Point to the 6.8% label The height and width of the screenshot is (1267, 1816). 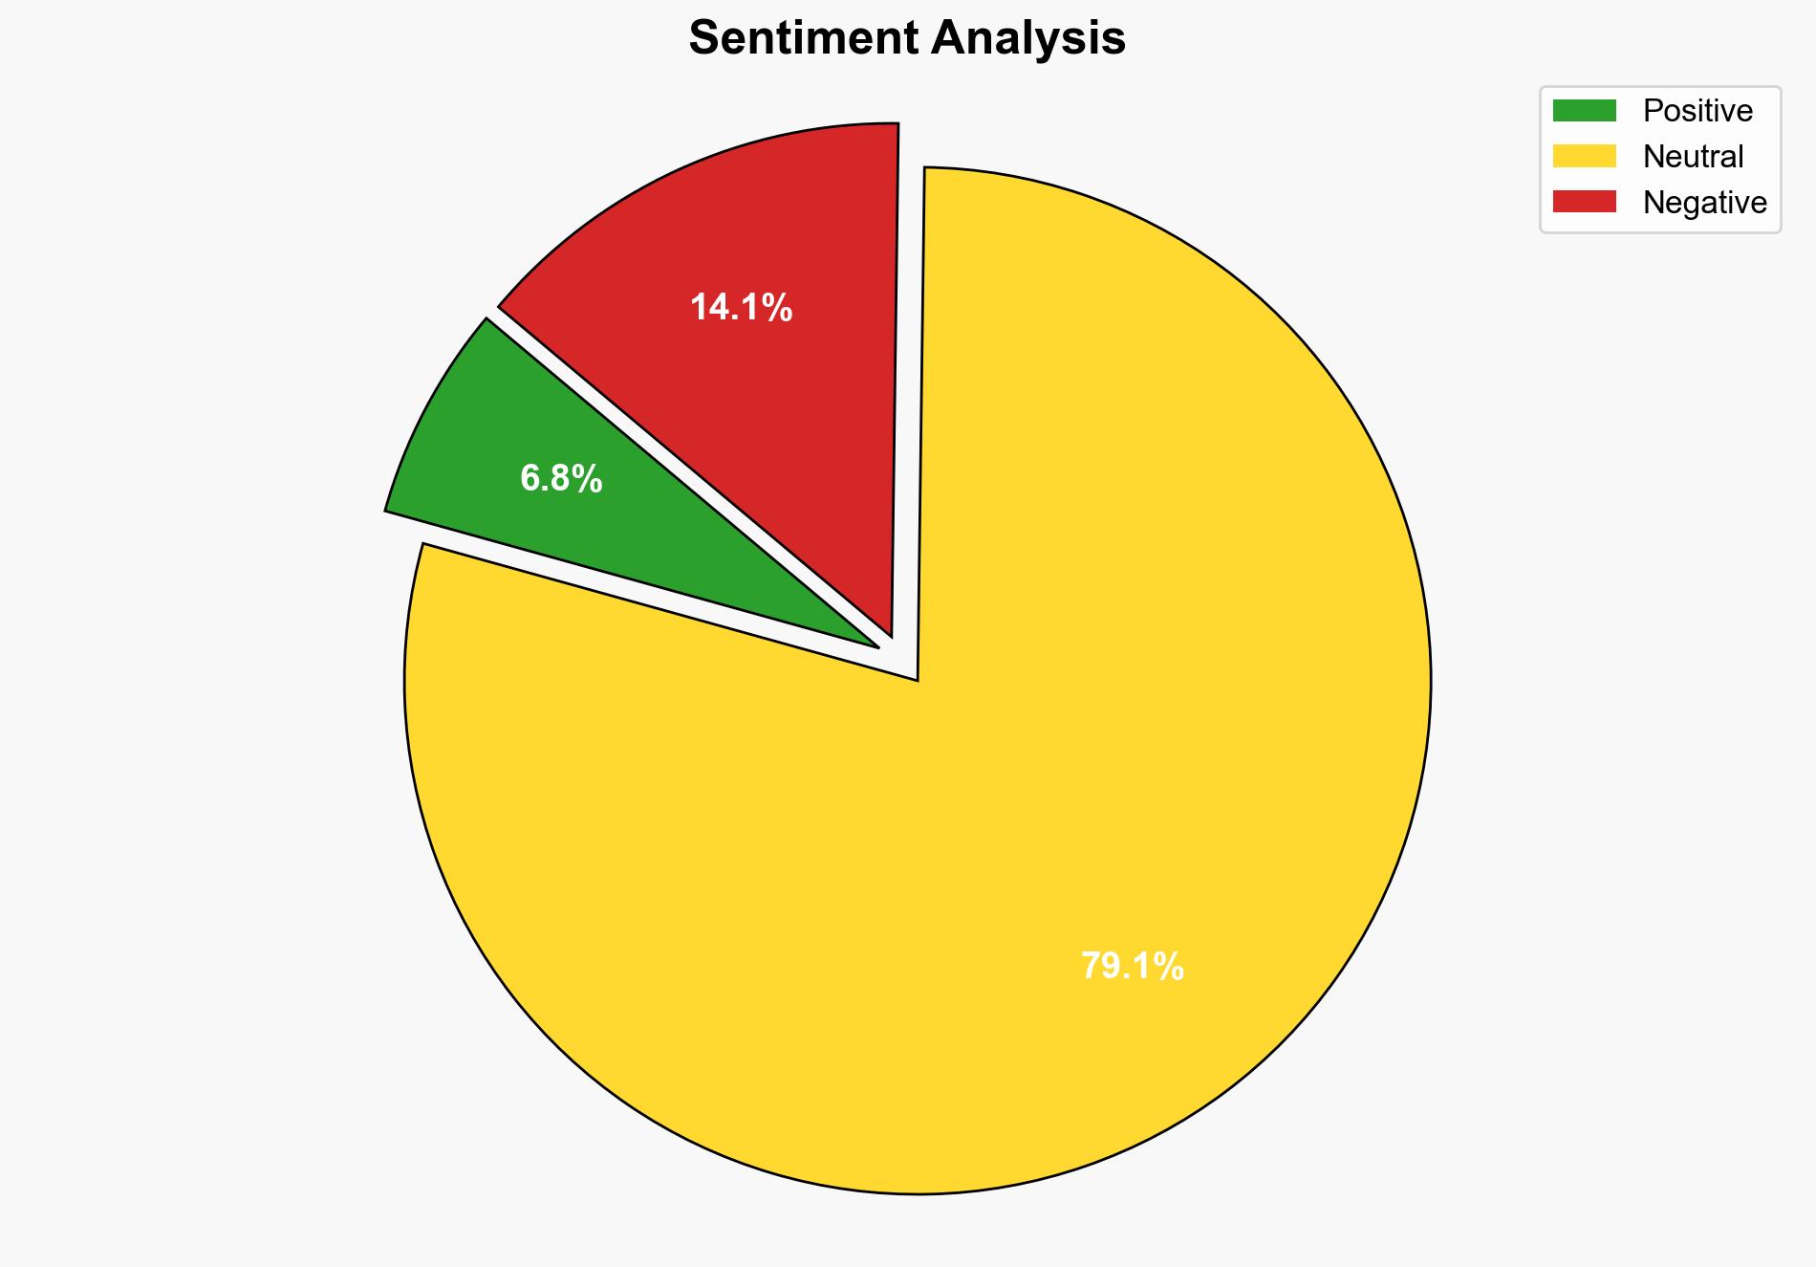pyautogui.click(x=561, y=478)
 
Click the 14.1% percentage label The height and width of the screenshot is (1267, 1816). pyautogui.click(x=741, y=308)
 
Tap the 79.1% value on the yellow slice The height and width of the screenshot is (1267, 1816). pyautogui.click(x=1132, y=967)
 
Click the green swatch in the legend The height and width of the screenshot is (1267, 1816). pyautogui.click(x=1584, y=111)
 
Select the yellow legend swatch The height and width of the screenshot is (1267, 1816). pyautogui.click(x=1584, y=156)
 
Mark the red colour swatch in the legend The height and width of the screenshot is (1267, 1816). pyautogui.click(x=1584, y=202)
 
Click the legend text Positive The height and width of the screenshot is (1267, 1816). pyautogui.click(x=1697, y=111)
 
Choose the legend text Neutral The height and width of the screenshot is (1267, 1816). pyautogui.click(x=1693, y=156)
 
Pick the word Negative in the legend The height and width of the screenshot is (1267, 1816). pyautogui.click(x=1704, y=202)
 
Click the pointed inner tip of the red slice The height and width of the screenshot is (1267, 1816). pyautogui.click(x=889, y=631)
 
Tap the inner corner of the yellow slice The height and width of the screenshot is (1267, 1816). pyautogui.click(x=917, y=678)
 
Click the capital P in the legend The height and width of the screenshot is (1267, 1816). pyautogui.click(x=1652, y=111)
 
